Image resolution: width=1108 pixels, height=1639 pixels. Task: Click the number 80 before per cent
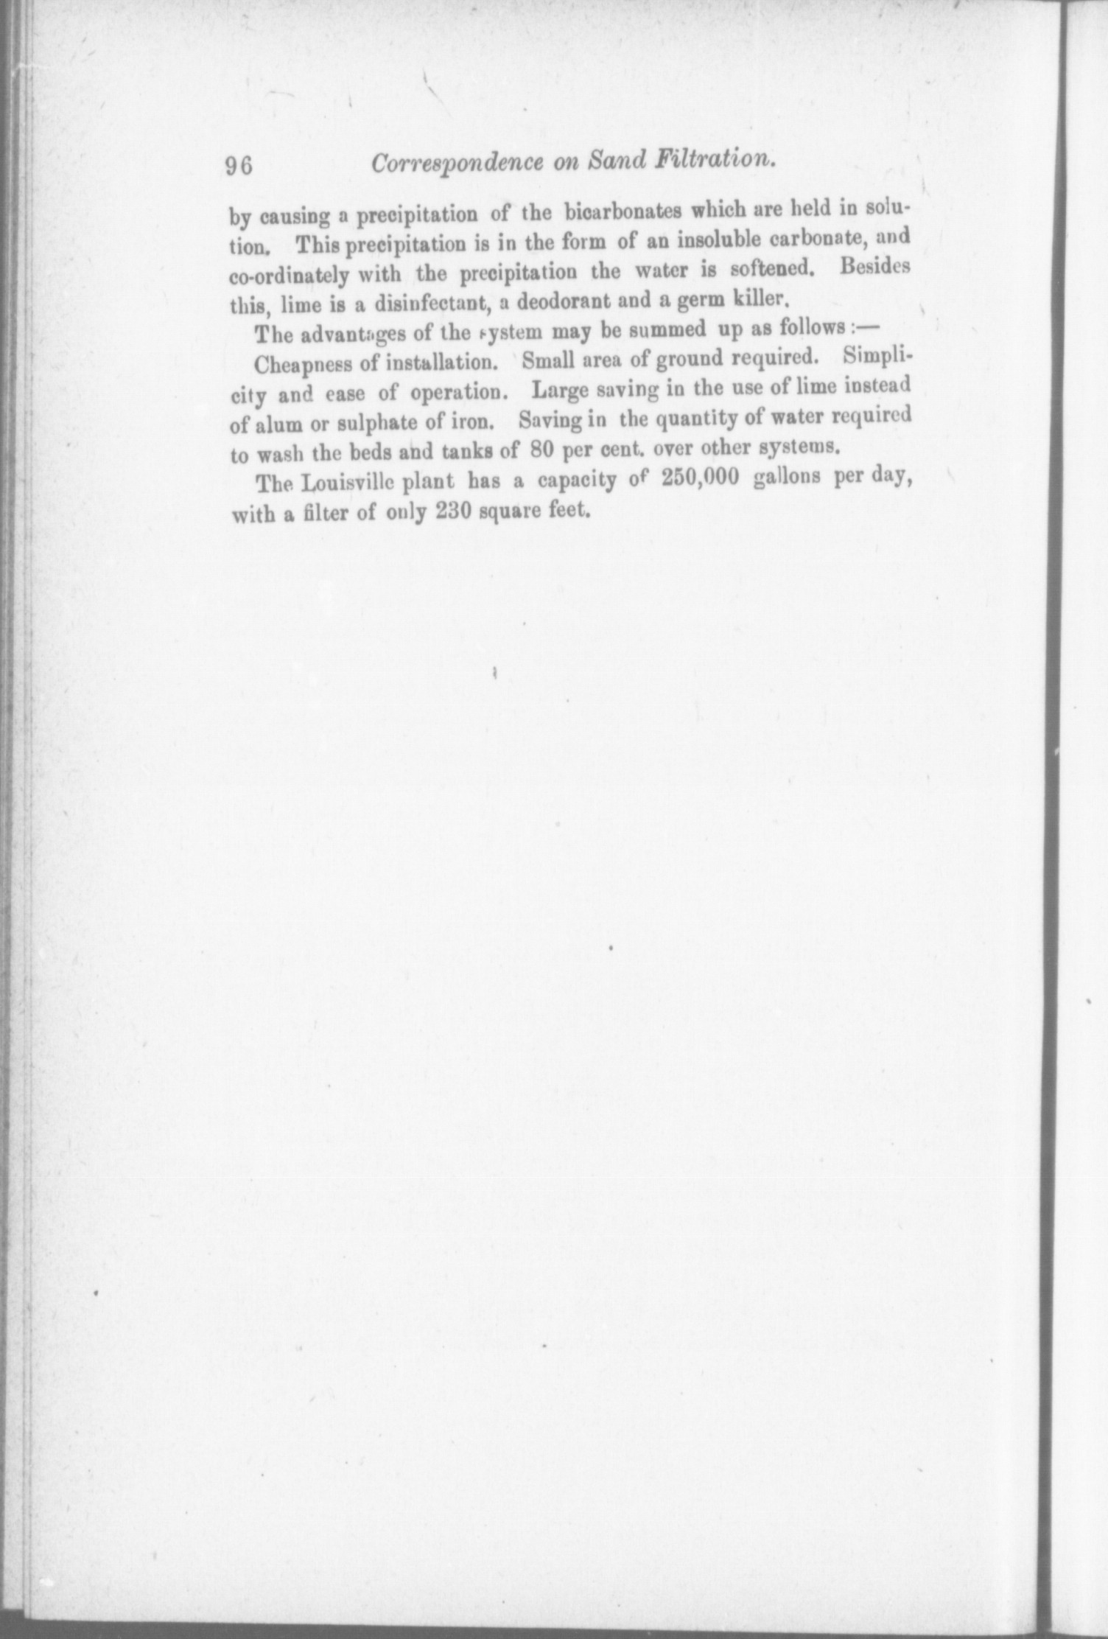(542, 450)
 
